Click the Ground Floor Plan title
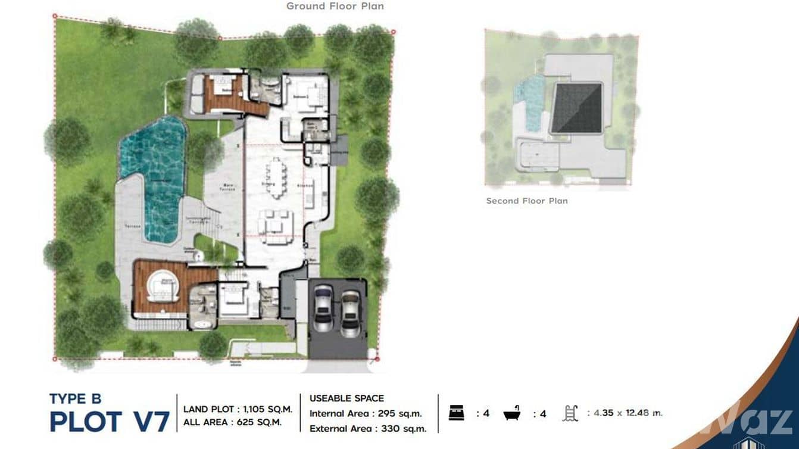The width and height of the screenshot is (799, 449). point(335,7)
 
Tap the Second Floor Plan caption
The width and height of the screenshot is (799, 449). point(526,201)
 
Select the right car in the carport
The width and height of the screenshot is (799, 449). point(351,313)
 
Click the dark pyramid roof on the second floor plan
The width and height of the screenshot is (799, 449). point(576,108)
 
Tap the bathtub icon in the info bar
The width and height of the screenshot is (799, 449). point(511,413)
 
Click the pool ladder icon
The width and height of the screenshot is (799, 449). point(570,413)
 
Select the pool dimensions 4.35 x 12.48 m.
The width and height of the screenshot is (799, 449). point(625,413)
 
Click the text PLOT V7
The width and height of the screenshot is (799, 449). point(110,422)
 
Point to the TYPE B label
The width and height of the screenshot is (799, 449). point(76,399)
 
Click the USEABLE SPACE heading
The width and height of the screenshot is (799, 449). point(347,398)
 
